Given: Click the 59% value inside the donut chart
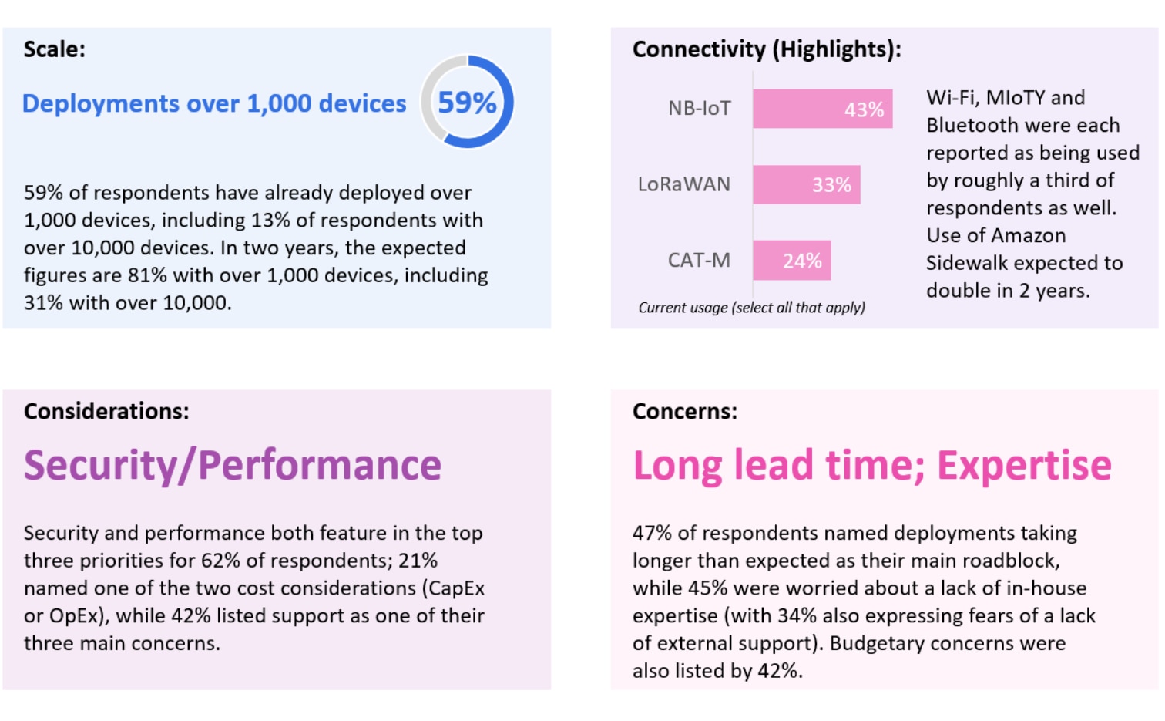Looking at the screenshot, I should [467, 103].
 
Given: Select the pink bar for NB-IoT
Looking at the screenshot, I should [822, 109].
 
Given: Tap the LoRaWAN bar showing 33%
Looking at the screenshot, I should [806, 185].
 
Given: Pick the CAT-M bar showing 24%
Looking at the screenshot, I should [791, 261].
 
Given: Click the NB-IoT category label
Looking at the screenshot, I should [699, 109].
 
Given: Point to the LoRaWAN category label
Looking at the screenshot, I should [683, 185].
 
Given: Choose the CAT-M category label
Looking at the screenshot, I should [699, 261].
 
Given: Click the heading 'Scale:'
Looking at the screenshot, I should [54, 49].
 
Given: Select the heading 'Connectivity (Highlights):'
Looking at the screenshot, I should [766, 49].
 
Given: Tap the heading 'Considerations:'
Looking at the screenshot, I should [106, 411].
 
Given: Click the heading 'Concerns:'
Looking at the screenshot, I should [684, 411].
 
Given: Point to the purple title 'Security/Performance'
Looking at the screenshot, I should [232, 466].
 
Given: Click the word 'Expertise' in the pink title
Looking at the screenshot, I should [1024, 466].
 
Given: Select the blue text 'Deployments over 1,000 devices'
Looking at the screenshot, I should [213, 103].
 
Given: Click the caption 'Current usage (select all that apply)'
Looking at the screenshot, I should [751, 308].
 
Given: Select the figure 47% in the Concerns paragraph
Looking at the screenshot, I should [652, 533].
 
